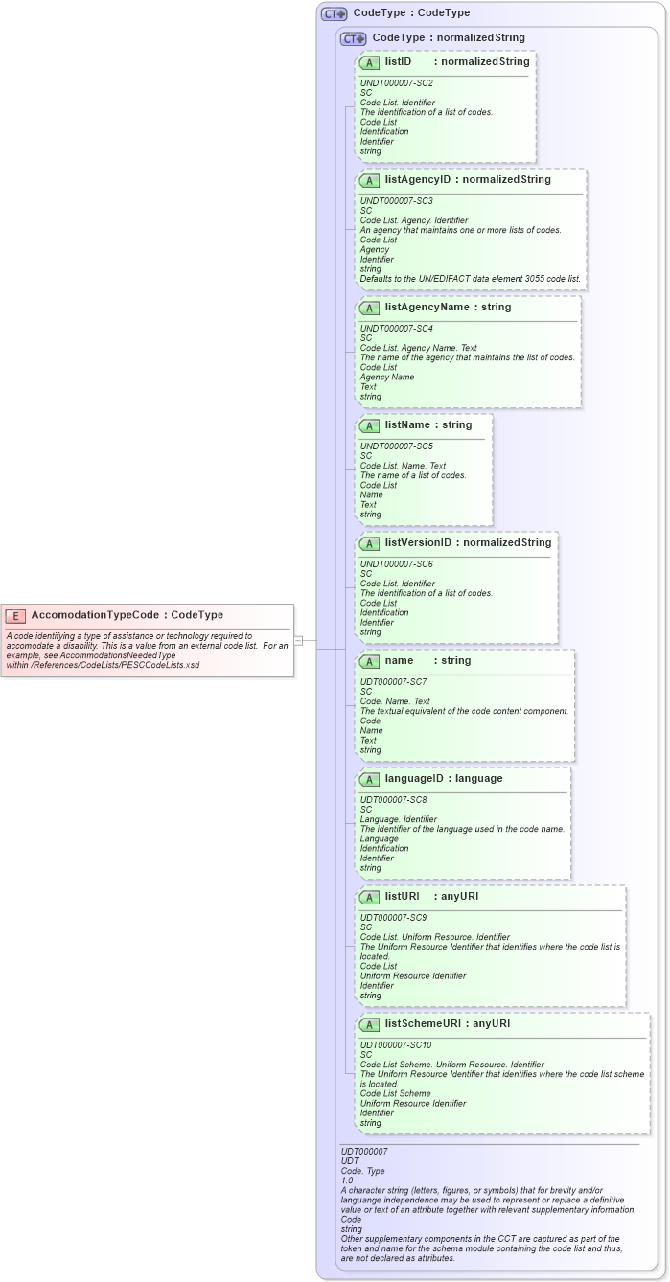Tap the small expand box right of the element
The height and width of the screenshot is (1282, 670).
point(298,640)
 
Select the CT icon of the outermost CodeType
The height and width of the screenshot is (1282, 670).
point(335,14)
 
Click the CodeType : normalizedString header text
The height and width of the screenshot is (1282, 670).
point(448,38)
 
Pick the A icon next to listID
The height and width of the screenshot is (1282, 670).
point(369,62)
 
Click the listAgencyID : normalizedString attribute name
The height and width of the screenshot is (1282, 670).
point(468,180)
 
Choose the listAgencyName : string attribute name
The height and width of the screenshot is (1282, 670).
point(448,308)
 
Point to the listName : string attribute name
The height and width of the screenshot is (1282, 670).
point(427,425)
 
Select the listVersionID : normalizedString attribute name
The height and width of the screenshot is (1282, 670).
point(468,543)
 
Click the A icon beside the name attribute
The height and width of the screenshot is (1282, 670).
point(369,661)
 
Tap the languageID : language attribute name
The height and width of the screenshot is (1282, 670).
point(443,779)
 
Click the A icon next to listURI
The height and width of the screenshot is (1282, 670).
point(369,897)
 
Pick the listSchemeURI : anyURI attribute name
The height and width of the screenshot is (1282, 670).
point(447,1024)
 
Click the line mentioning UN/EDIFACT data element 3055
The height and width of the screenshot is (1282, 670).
point(470,279)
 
